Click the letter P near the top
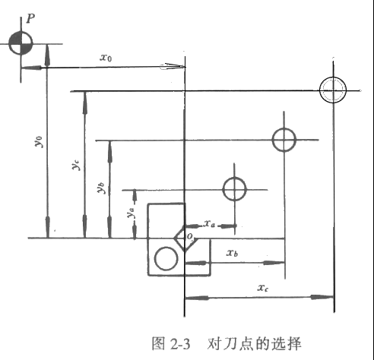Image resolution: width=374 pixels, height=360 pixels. (x=30, y=19)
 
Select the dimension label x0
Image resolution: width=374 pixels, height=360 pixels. (x=106, y=58)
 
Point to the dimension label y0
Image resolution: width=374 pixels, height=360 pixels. (x=39, y=141)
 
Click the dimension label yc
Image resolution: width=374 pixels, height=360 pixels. (x=76, y=165)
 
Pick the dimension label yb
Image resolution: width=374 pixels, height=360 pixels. (x=101, y=188)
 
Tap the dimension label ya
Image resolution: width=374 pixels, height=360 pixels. (x=131, y=213)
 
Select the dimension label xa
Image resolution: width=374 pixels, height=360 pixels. (x=210, y=223)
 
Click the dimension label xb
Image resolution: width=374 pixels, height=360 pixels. (x=232, y=252)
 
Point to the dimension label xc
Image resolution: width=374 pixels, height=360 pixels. (x=263, y=288)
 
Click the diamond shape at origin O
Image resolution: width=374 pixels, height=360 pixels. (x=179, y=232)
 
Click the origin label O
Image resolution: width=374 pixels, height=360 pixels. (x=190, y=237)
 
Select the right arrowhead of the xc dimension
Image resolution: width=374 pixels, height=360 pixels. (x=322, y=297)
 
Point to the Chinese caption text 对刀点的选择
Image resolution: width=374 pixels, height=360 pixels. (x=255, y=344)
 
